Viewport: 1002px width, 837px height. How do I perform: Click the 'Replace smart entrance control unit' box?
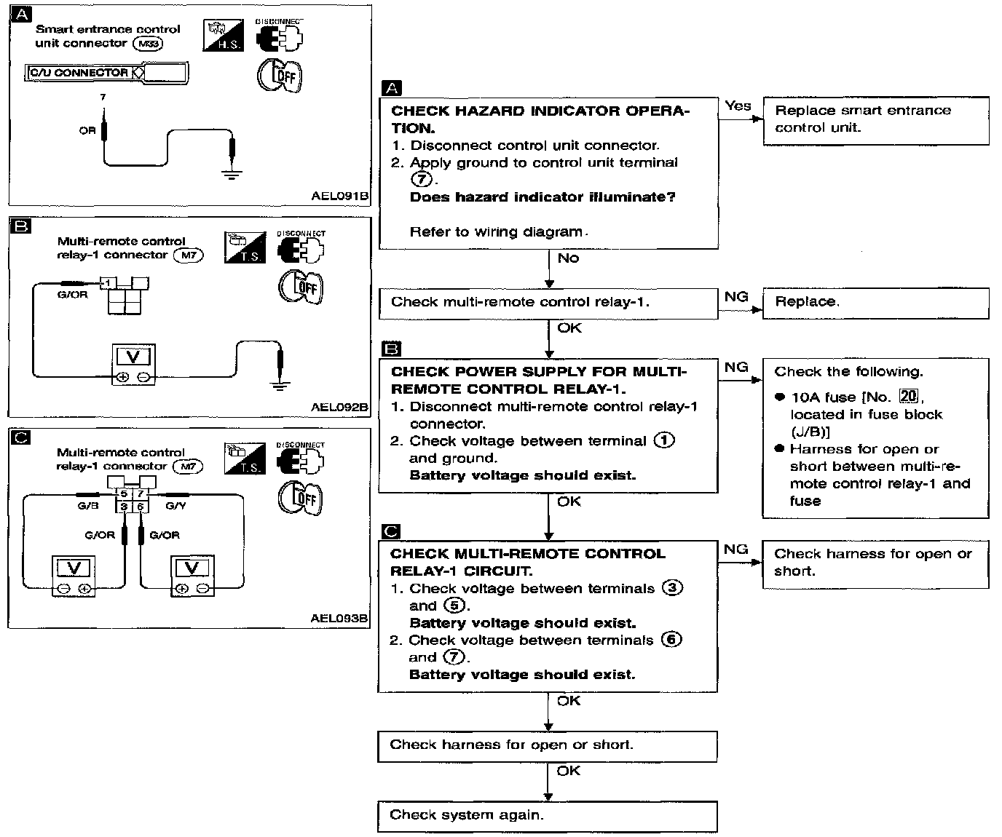[x=875, y=120]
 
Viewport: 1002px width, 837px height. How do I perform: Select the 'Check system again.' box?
[x=547, y=816]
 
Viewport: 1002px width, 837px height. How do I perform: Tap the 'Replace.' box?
[x=875, y=303]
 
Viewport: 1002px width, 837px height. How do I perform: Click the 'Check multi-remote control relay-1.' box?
[x=548, y=303]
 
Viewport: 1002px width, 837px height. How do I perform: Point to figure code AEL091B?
[x=339, y=196]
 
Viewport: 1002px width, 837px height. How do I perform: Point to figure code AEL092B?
[x=339, y=407]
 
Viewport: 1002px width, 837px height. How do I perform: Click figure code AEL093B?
[x=339, y=619]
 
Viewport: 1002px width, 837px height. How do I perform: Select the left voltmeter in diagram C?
[x=74, y=576]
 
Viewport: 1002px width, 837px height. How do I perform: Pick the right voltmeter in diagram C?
[x=192, y=576]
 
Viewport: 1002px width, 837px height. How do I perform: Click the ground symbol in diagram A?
[x=232, y=173]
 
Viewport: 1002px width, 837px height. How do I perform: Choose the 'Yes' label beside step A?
[x=738, y=106]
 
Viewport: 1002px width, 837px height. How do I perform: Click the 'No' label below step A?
[x=568, y=258]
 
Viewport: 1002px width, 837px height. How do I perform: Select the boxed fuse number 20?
[x=908, y=397]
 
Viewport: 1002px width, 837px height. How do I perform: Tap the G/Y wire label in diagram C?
[x=175, y=506]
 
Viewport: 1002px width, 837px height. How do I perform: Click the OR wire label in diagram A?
[x=87, y=131]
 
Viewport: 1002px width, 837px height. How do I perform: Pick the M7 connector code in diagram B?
[x=188, y=255]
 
